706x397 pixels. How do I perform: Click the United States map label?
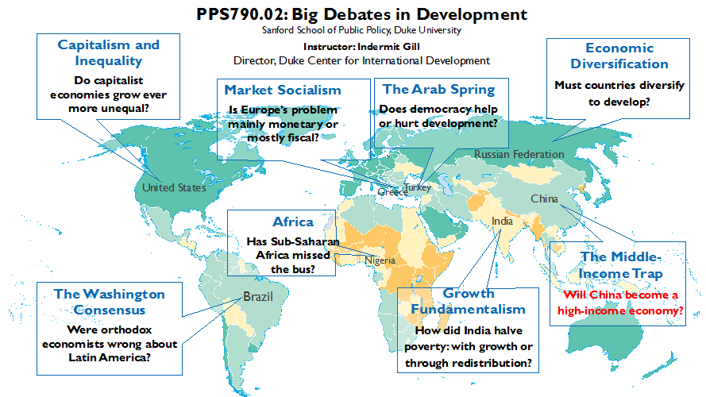[x=174, y=187]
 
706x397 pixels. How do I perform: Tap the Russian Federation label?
[x=519, y=154]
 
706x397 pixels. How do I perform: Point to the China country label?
[x=544, y=198]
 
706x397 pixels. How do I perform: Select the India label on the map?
[x=502, y=221]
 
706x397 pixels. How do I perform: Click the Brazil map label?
[x=258, y=297]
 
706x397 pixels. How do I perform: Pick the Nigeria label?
[x=380, y=260]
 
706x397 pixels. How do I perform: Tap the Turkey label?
[x=418, y=187]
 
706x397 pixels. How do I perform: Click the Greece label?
[x=392, y=191]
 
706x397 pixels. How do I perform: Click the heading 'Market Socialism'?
[x=283, y=90]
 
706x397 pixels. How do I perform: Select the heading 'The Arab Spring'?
[x=439, y=90]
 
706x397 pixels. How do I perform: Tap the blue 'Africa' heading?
[x=293, y=222]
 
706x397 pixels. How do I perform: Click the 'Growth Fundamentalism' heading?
[x=469, y=301]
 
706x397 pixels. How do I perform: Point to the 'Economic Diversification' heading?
[x=619, y=56]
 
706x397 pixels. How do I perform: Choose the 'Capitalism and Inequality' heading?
[x=109, y=52]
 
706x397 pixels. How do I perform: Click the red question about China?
[x=620, y=303]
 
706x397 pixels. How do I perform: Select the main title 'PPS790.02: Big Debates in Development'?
[x=361, y=14]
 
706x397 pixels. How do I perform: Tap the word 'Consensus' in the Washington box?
[x=110, y=310]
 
